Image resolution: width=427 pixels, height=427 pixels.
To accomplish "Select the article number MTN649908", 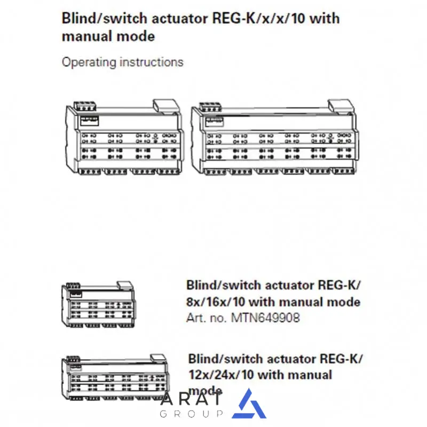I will pos(265,318).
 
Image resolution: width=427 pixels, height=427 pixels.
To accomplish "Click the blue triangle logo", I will pos(249,404).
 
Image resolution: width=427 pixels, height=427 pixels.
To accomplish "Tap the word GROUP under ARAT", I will pos(191,414).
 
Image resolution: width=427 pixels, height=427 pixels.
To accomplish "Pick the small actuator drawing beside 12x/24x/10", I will pos(115,379).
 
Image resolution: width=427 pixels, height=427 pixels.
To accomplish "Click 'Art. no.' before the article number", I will pos(207,318).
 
